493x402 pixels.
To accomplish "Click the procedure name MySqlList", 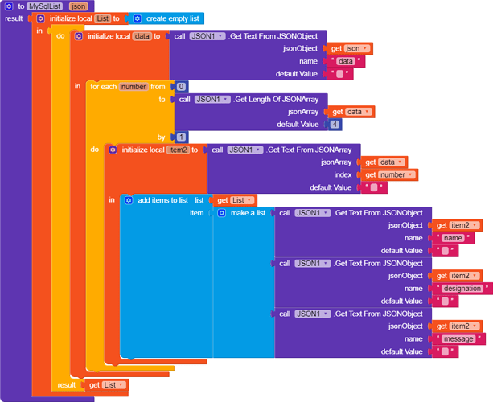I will tap(45, 6).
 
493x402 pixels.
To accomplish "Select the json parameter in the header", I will tap(79, 6).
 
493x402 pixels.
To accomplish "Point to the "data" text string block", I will tap(345, 61).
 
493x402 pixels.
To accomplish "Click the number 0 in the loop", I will tap(181, 86).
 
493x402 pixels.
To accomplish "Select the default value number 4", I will tap(335, 125).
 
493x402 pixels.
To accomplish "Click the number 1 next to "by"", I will tap(181, 137).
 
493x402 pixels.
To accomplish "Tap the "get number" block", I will tap(389, 174).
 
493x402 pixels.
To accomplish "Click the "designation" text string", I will tap(463, 288).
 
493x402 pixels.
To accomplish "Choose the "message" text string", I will tap(458, 338).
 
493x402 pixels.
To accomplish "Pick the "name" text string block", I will tap(453, 238).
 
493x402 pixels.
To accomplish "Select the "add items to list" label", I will tap(163, 199).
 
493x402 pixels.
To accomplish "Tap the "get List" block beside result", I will tap(107, 385).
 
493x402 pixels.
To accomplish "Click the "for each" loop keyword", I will tap(103, 86).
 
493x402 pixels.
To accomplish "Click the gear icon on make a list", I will tap(222, 213).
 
